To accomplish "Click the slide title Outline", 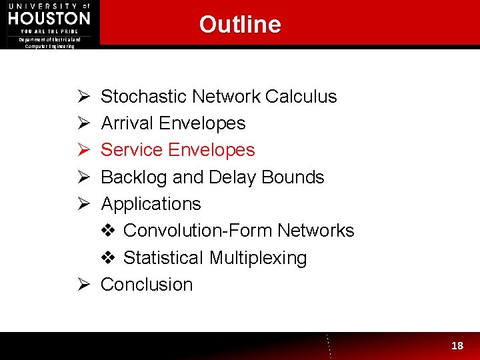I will coord(240,25).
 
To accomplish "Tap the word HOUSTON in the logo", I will coord(49,17).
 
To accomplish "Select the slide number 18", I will coord(457,345).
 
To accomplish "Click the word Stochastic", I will coord(143,97).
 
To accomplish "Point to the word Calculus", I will coord(301,97).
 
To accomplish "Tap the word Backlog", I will coord(133,177).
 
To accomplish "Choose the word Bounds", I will coord(293,177).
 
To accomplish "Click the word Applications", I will coord(151,204).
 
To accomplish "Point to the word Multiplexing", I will coord(257,258).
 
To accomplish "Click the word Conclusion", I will coord(147,285).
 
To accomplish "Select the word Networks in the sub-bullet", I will coord(316,231).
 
